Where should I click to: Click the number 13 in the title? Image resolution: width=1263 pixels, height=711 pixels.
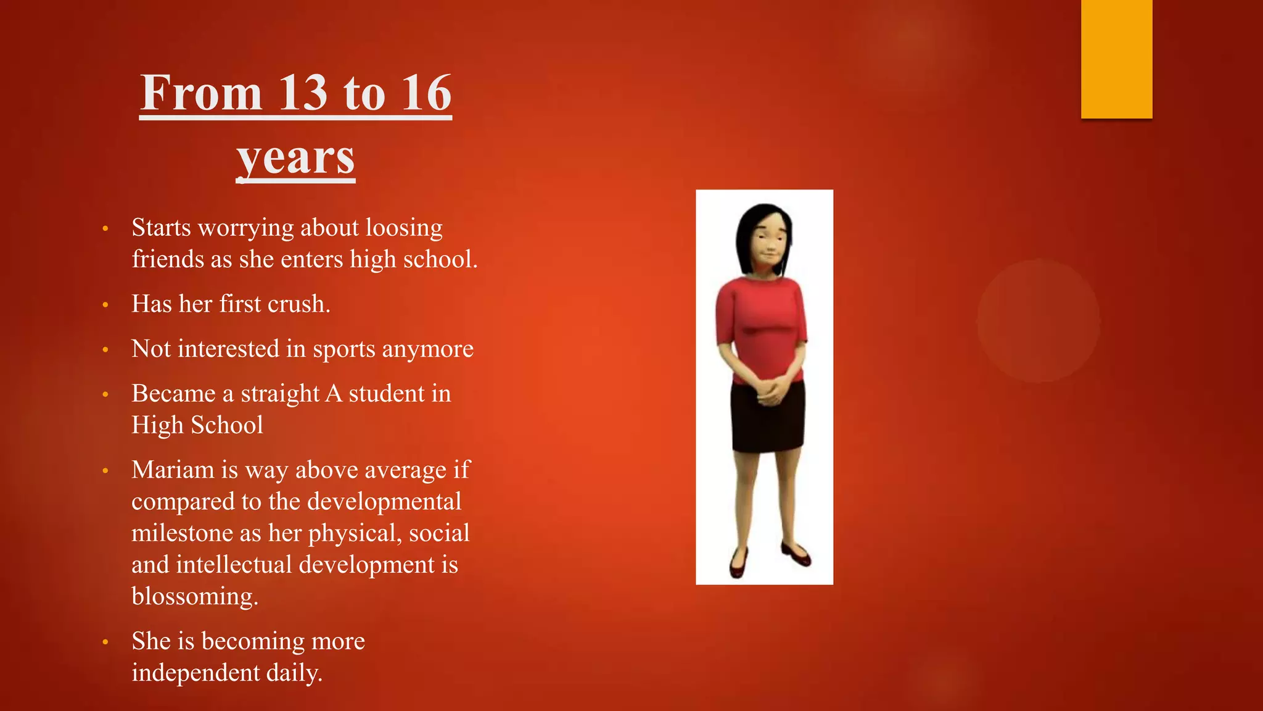[x=302, y=93]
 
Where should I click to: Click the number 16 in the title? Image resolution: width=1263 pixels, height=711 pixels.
[x=426, y=93]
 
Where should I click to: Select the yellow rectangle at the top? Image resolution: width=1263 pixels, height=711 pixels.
[x=1116, y=59]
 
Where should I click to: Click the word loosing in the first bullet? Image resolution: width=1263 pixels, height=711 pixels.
[x=404, y=228]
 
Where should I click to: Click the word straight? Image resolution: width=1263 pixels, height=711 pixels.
[x=280, y=394]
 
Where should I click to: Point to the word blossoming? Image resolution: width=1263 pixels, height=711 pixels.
[x=194, y=597]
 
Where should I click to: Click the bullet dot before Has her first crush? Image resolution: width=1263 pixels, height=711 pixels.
[x=105, y=305]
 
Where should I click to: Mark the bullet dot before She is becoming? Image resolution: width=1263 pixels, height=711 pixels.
[x=105, y=642]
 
